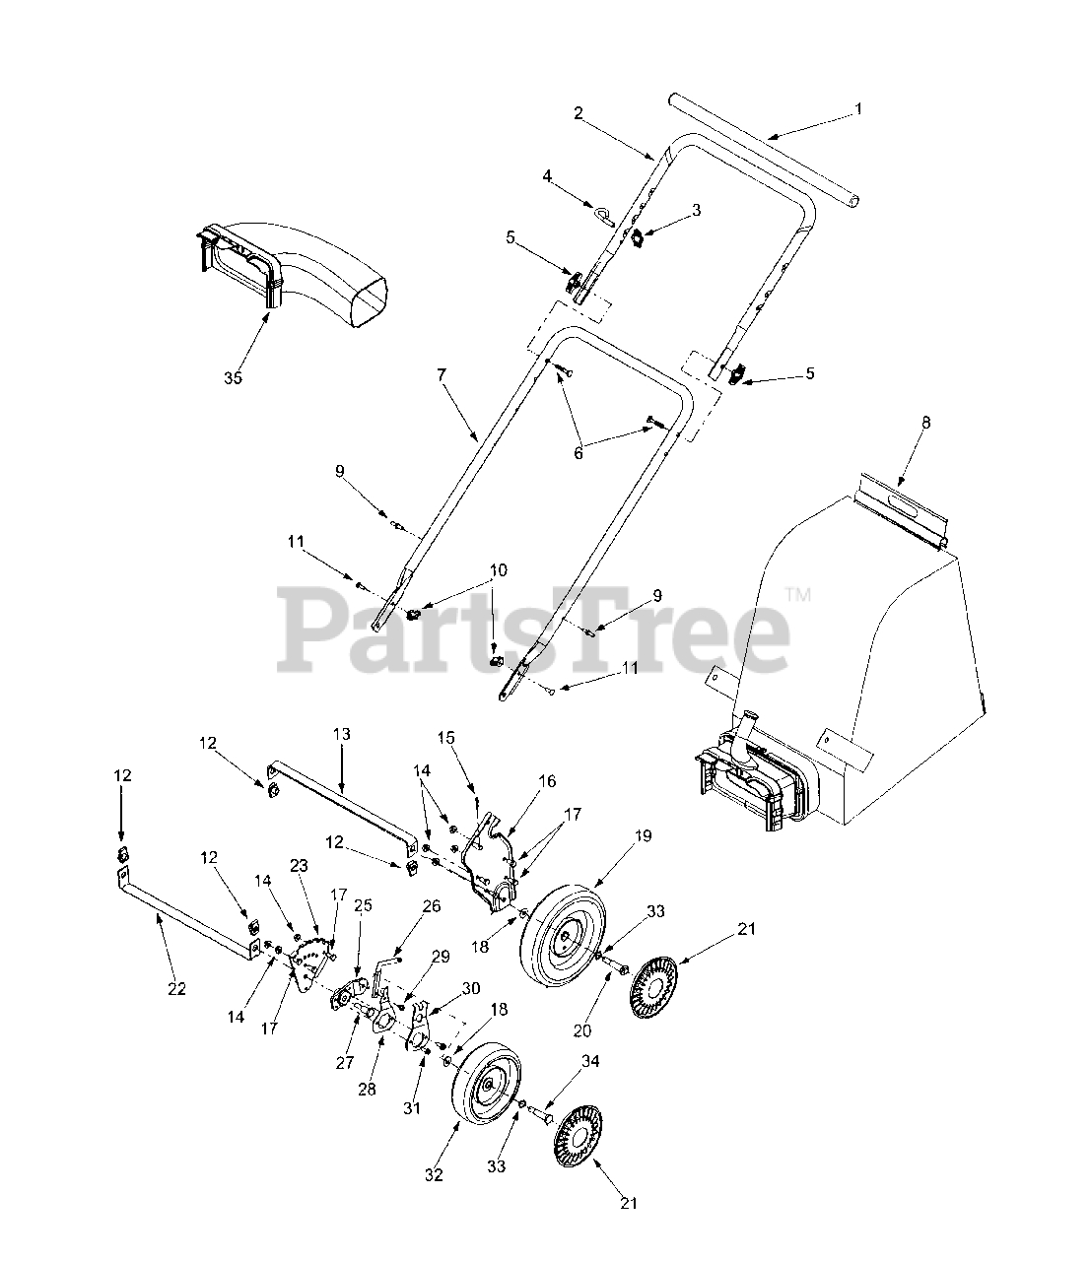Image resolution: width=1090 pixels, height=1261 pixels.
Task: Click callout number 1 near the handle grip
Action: [857, 108]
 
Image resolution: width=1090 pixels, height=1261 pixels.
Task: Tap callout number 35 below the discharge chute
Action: [233, 377]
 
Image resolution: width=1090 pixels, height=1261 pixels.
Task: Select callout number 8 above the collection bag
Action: [924, 422]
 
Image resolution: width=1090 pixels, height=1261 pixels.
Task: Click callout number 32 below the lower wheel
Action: [434, 1174]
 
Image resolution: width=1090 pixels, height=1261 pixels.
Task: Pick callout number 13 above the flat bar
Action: [341, 734]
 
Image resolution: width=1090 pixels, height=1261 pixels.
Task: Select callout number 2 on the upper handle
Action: [579, 112]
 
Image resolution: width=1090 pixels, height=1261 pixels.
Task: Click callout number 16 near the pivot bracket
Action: [547, 781]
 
